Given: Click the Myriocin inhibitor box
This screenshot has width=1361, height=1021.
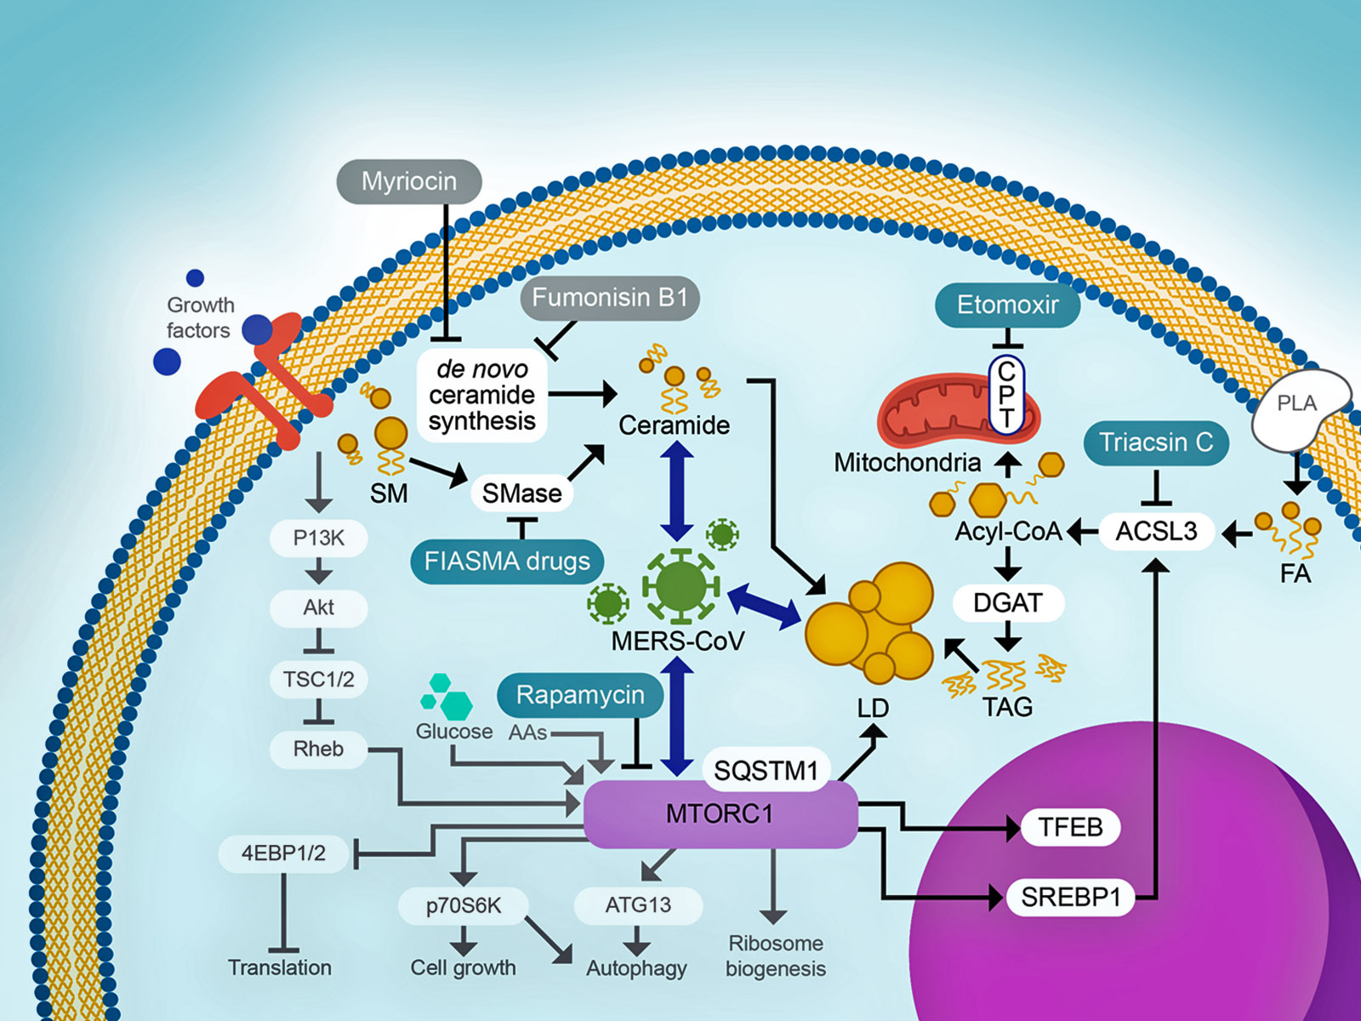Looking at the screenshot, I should (409, 181).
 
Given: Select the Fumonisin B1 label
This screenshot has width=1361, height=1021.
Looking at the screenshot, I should (609, 298).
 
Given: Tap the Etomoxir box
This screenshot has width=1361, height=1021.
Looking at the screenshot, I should (1007, 305).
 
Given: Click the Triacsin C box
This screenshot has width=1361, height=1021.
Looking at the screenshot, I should (1155, 442).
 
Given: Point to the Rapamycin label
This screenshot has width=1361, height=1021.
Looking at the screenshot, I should (580, 695).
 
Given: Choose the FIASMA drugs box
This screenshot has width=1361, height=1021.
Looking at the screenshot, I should (507, 562).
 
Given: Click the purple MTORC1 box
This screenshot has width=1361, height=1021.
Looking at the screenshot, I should (720, 814).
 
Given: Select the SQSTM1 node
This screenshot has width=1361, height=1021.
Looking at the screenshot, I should (766, 771).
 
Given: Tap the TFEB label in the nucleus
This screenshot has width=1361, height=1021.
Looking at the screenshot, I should (1070, 827).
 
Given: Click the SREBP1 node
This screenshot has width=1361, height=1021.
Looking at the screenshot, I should (1070, 897).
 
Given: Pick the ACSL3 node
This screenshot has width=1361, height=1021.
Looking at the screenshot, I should (1156, 531).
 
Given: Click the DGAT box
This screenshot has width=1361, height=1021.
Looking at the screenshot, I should (1007, 602).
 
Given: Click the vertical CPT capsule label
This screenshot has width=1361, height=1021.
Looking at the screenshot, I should (1006, 395).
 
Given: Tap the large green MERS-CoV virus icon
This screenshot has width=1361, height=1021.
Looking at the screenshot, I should (680, 585).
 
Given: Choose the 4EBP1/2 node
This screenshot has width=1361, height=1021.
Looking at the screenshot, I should (283, 853).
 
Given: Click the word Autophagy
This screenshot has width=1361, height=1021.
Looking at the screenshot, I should (636, 968).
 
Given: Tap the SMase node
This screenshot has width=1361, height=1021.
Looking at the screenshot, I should (521, 493).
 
